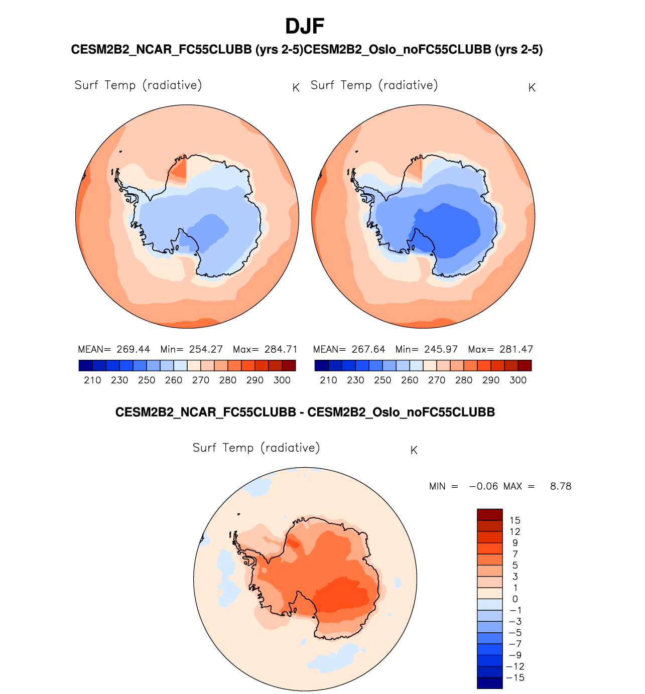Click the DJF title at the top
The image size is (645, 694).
tap(305, 26)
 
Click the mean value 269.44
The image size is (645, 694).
tap(133, 349)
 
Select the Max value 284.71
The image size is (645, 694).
tap(281, 349)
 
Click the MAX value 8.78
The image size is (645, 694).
tap(561, 486)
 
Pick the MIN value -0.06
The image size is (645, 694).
tap(483, 486)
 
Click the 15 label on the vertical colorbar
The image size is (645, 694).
tap(514, 520)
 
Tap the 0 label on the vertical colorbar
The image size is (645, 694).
tap(514, 599)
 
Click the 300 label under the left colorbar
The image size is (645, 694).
tap(282, 380)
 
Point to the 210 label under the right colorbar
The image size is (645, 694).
tap(328, 380)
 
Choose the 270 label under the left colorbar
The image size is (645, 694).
tap(201, 380)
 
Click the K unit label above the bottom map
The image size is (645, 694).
tap(414, 451)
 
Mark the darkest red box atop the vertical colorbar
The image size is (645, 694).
tap(489, 515)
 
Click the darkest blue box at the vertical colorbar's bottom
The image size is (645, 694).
tap(489, 683)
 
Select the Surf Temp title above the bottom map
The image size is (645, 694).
tap(256, 448)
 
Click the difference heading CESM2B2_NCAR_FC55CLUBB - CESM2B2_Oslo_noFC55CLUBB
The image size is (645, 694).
tap(305, 412)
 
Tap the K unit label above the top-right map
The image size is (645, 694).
tap(532, 88)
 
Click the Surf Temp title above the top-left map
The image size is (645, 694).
tap(138, 85)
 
